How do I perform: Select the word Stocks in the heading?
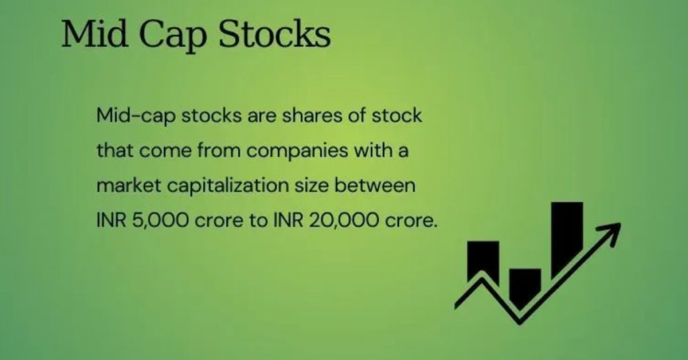pyautogui.click(x=275, y=34)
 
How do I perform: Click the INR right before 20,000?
pyautogui.click(x=289, y=220)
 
